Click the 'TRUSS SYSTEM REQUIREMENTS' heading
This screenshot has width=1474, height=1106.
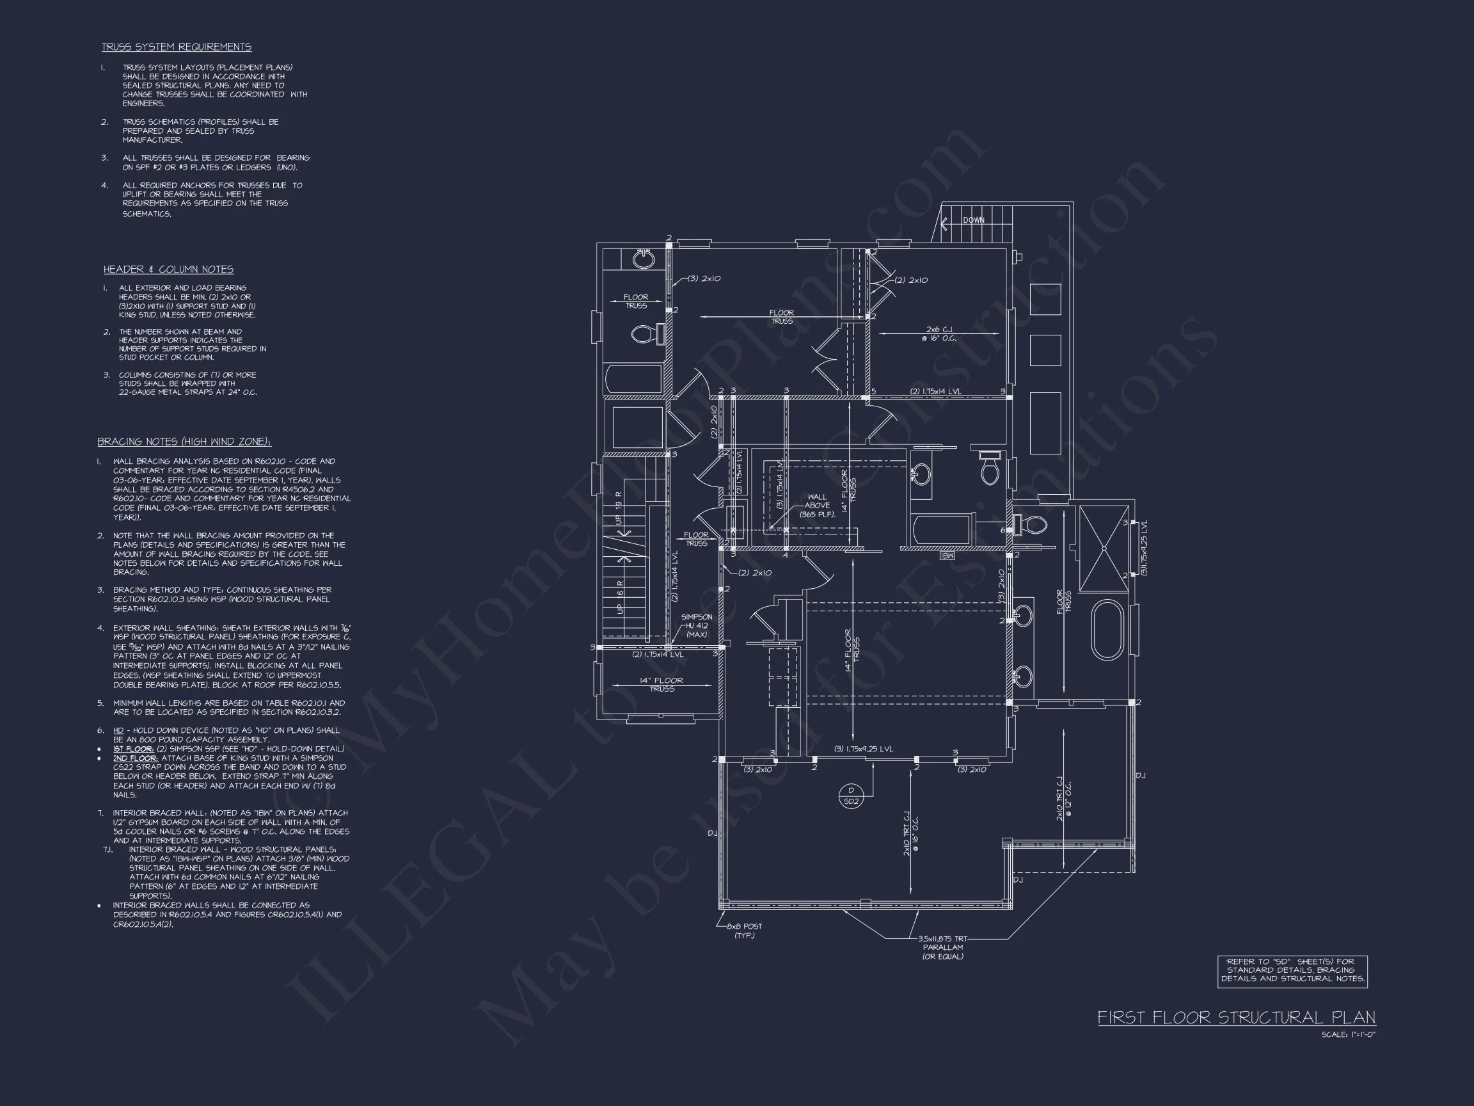176,47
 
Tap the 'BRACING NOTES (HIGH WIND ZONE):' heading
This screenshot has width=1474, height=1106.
184,442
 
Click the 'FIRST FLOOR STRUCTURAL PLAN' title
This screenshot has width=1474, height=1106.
1236,1017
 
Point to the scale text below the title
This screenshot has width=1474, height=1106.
1348,1035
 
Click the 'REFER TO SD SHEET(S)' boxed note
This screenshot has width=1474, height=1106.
1292,971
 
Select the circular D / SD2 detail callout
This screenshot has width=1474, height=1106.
851,796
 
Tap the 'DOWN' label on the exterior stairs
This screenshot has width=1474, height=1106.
974,220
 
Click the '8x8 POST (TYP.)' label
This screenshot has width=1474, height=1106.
743,931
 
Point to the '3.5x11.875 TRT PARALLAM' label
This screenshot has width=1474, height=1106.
942,947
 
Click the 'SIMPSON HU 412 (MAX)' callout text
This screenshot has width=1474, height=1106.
696,625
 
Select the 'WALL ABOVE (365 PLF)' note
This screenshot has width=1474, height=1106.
817,506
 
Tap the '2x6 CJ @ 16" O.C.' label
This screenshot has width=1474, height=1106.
939,333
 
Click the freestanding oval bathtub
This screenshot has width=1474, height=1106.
1107,630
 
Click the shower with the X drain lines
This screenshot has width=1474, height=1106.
1104,549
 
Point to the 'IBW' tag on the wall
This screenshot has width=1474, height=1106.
947,556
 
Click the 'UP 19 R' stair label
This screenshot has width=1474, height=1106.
619,509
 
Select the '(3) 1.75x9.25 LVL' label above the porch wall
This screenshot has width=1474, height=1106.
864,749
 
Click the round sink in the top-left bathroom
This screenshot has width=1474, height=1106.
643,259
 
